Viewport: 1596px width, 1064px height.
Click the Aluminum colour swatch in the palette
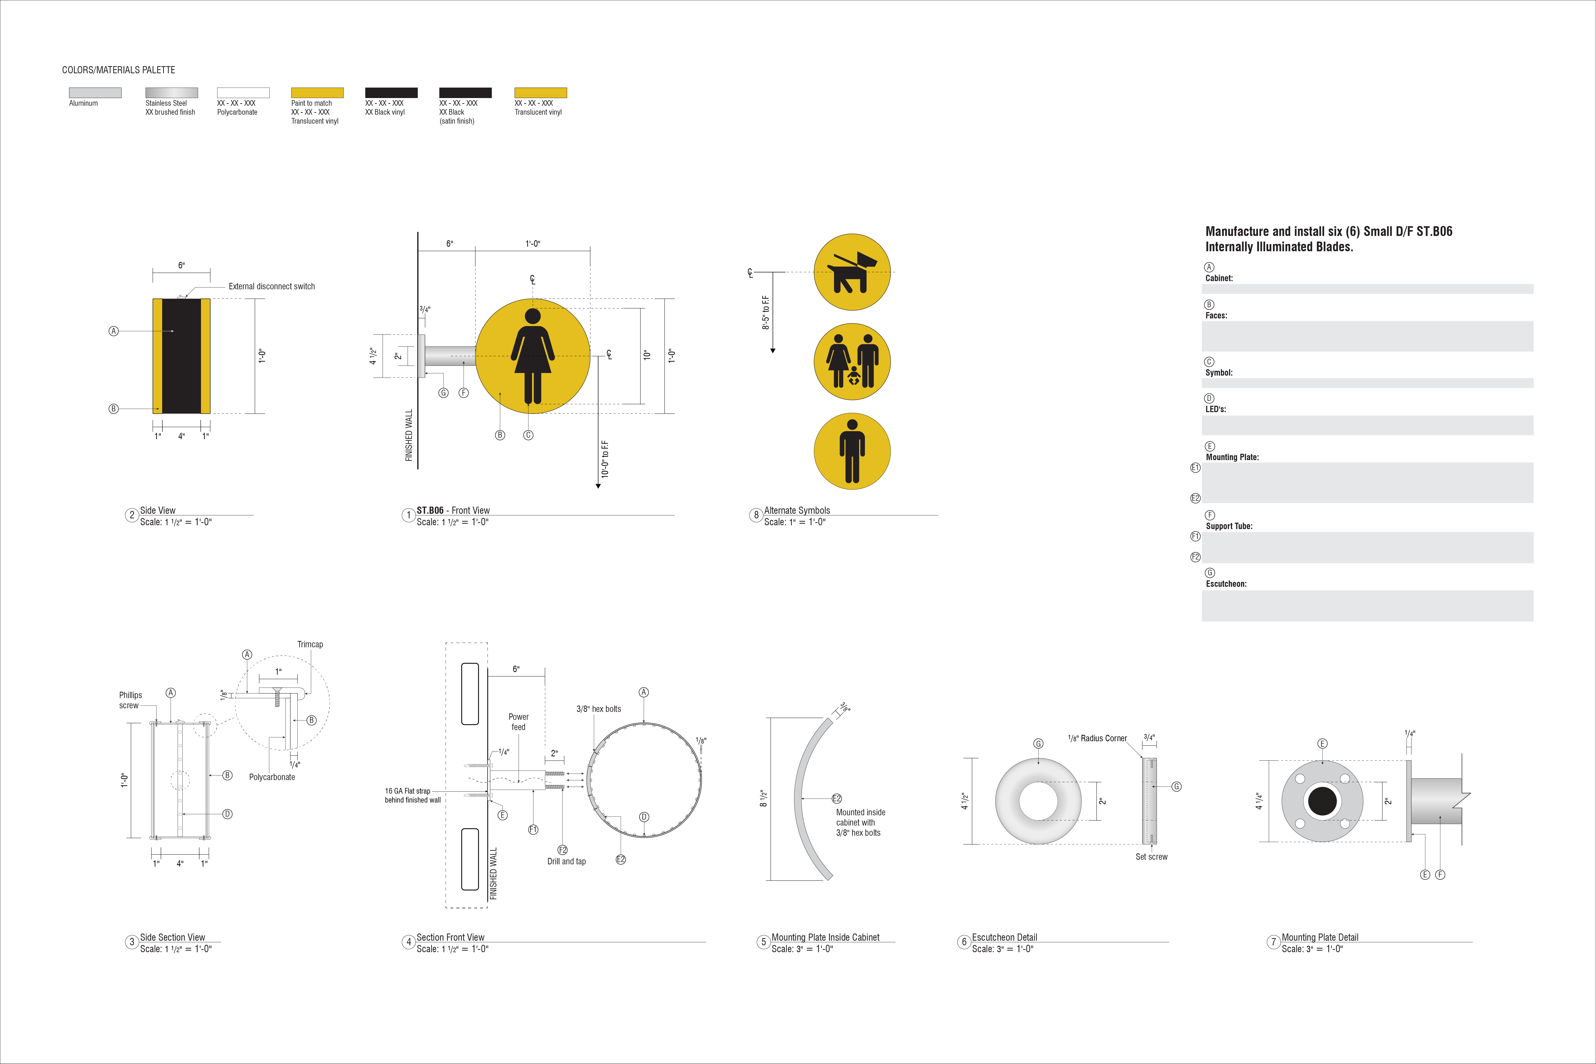click(x=95, y=92)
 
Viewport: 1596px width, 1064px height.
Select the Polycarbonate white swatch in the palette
click(x=243, y=92)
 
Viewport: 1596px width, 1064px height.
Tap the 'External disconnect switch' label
click(x=271, y=286)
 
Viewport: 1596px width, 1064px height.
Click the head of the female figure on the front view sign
click(x=533, y=316)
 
